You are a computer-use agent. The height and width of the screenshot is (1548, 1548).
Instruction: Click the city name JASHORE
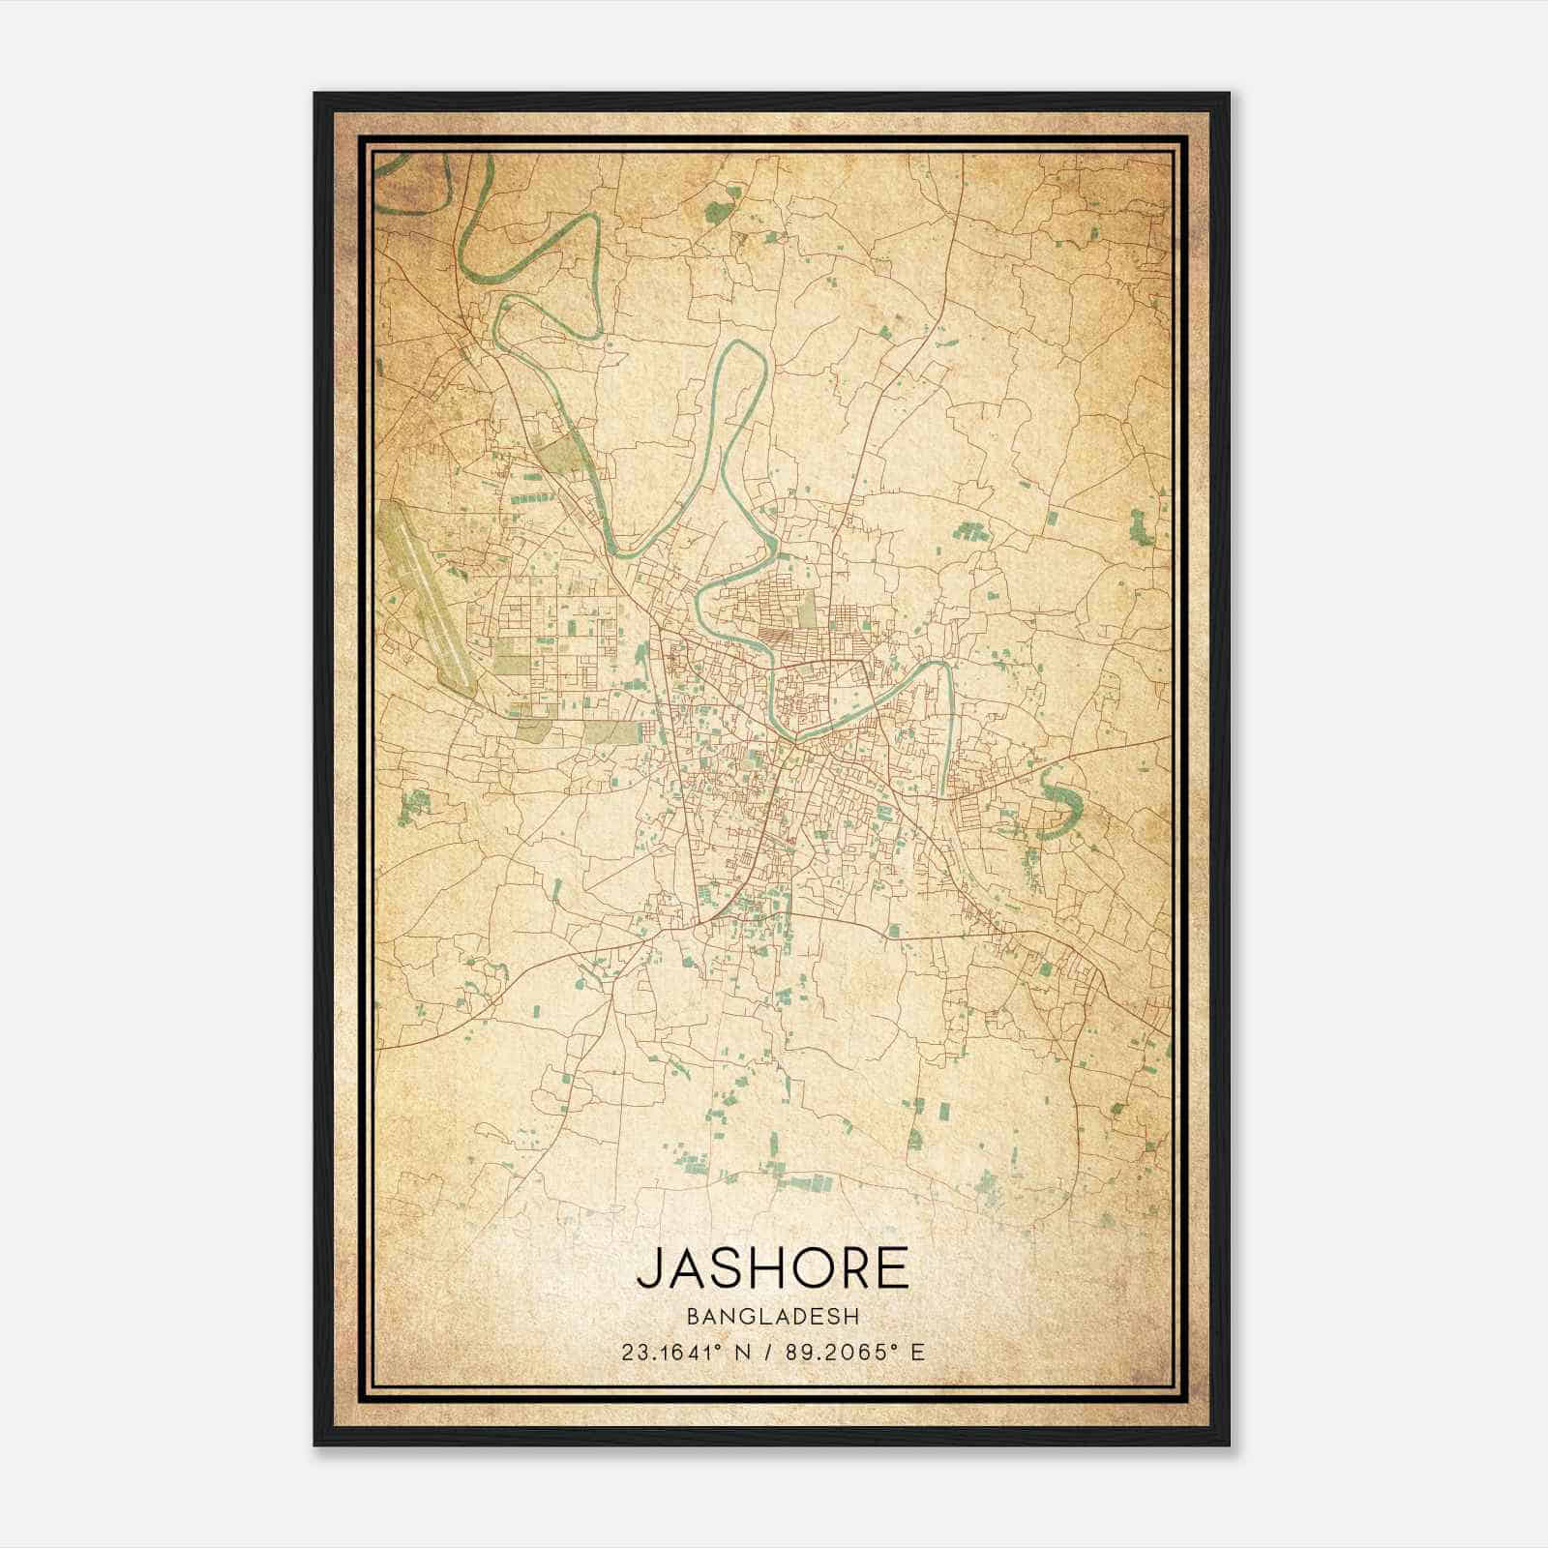tap(773, 1268)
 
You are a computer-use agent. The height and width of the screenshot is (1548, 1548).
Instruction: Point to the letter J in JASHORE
tap(648, 1268)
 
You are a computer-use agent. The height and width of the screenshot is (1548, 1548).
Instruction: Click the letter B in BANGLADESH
tap(692, 1317)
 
